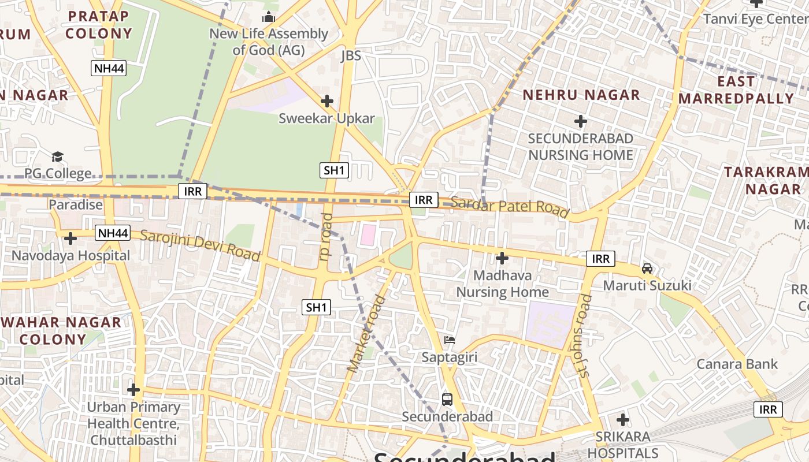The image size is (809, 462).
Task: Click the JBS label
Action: point(351,55)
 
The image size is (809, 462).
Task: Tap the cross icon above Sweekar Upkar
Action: point(327,101)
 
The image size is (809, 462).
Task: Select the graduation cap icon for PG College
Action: point(57,157)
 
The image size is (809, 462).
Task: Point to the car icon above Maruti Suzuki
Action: point(647,269)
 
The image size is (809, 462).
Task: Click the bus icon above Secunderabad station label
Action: point(447,399)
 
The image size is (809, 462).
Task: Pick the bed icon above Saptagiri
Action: point(450,340)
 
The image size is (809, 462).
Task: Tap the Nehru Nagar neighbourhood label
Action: point(581,95)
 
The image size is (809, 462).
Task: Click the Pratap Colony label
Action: point(98,25)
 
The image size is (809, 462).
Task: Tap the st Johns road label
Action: point(584,336)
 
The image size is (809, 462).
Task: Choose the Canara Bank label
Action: point(737,364)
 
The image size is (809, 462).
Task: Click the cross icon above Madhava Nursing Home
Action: point(502,258)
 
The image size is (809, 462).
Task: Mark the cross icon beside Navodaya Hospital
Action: point(70,238)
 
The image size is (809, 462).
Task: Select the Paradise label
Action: point(76,204)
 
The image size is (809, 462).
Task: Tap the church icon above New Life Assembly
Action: point(269,17)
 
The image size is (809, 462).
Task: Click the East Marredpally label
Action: point(736,90)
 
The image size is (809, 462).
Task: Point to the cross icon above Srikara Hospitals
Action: point(623,419)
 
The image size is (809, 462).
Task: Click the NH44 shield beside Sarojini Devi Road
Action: point(112,233)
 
